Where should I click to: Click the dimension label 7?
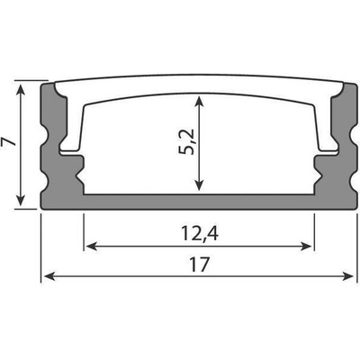coord(8,141)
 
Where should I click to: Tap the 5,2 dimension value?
coord(185,142)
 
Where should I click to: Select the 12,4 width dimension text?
coord(200,234)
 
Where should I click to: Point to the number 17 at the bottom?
coord(199,265)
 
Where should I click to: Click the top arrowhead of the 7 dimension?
coord(21,89)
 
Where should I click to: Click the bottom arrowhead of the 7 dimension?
coord(21,200)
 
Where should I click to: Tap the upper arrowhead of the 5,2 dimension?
coord(199,102)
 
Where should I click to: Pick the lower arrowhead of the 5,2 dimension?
coord(199,184)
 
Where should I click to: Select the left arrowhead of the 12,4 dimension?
coord(91,247)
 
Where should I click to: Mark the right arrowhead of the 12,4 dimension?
coord(306,247)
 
